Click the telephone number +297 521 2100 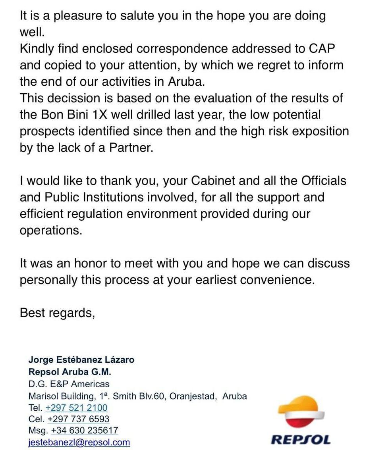point(76,408)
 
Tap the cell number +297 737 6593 point(78,419)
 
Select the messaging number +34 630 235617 point(84,431)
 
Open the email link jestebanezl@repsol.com point(79,442)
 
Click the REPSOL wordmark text point(301,439)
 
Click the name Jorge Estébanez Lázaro point(81,360)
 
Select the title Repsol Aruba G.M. point(70,372)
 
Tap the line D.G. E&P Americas point(69,384)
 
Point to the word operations point(51,230)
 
